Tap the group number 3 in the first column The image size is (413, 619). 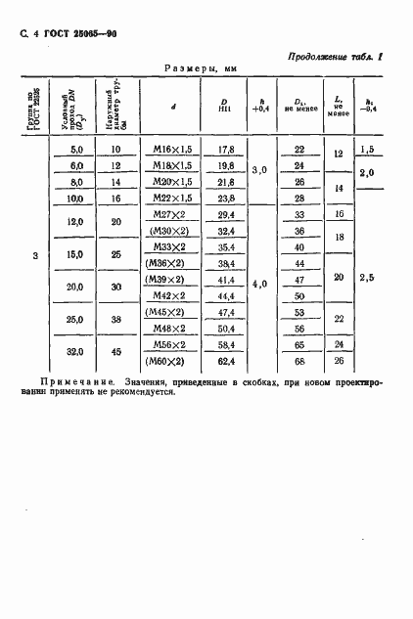point(35,256)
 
